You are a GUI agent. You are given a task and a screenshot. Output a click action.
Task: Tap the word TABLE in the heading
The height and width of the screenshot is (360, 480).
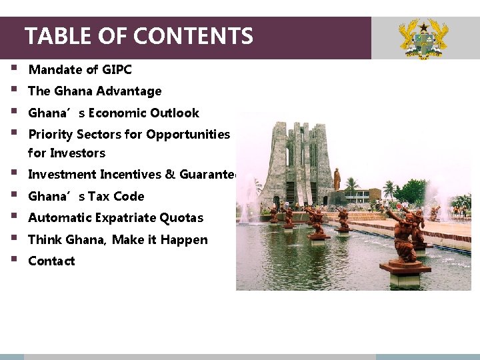pos(53,35)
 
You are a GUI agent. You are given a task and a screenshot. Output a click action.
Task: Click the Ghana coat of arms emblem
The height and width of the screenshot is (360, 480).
pos(423,39)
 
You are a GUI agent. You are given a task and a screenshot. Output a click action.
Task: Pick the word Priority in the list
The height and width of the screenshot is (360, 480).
pos(51,134)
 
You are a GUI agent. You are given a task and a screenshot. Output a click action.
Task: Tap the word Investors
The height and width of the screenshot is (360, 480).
pos(77,153)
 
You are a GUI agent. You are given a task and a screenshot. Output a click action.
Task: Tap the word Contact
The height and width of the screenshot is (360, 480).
pos(51,261)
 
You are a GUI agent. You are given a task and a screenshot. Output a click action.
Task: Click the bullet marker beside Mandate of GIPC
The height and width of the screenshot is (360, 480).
pos(14,68)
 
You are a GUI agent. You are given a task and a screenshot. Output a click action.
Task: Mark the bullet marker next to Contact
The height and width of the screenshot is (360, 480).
pos(14,259)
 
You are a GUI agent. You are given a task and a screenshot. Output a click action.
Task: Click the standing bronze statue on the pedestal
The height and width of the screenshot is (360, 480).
pos(337,179)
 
